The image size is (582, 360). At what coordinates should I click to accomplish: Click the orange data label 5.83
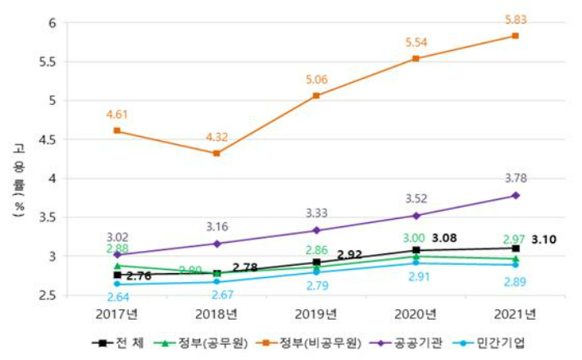tap(515, 16)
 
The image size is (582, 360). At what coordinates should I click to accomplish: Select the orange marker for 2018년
tap(216, 153)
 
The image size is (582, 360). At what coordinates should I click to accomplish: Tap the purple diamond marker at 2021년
tap(516, 195)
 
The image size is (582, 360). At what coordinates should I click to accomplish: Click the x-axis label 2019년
tap(316, 312)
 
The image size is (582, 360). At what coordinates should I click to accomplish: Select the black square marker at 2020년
tap(416, 250)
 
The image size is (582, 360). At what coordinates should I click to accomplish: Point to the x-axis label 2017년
tap(117, 312)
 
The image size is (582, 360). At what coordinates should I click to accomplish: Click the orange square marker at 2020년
tap(416, 58)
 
